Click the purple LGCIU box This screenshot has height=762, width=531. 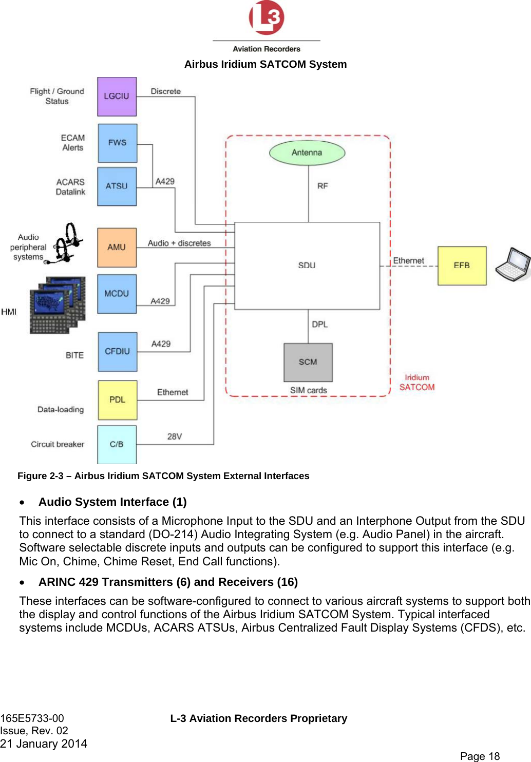[117, 97]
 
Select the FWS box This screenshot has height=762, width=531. [117, 143]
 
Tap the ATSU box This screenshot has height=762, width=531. [117, 186]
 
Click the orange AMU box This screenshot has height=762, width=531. [117, 247]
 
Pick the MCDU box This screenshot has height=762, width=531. [117, 294]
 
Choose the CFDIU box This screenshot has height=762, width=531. [117, 352]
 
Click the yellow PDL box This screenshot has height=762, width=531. [117, 400]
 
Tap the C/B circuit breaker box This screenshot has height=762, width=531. [117, 445]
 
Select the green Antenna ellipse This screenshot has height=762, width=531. [307, 153]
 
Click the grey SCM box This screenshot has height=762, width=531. [308, 362]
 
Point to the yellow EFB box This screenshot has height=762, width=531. [462, 265]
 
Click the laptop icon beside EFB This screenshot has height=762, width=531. [513, 264]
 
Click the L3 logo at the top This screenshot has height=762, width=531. [267, 18]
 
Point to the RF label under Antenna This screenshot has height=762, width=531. [323, 186]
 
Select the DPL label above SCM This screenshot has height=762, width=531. [319, 325]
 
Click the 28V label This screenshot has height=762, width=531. [175, 436]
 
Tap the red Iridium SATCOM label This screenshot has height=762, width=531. [417, 383]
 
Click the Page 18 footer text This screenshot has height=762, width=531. [480, 756]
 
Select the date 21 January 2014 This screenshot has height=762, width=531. [44, 744]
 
